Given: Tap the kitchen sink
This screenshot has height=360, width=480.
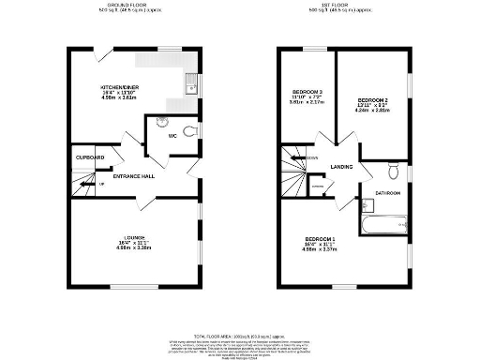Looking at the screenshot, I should pos(190,89).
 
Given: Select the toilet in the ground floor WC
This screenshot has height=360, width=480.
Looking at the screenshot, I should pos(190,132).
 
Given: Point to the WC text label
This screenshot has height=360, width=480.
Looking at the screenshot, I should pos(172,137).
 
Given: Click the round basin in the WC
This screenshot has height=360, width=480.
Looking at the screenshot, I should pos(160,121).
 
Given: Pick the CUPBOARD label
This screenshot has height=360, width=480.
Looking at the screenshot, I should pos(90,157).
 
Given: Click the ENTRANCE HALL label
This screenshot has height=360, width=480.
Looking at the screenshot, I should pos(134,176).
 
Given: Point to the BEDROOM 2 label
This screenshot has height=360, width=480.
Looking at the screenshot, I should pos(372,98).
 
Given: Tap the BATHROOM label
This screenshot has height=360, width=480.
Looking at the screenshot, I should pos(388,192).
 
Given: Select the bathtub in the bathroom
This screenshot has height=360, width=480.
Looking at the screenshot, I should pos(384,225).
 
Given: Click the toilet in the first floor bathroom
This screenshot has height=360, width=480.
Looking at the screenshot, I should pos(394,171).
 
